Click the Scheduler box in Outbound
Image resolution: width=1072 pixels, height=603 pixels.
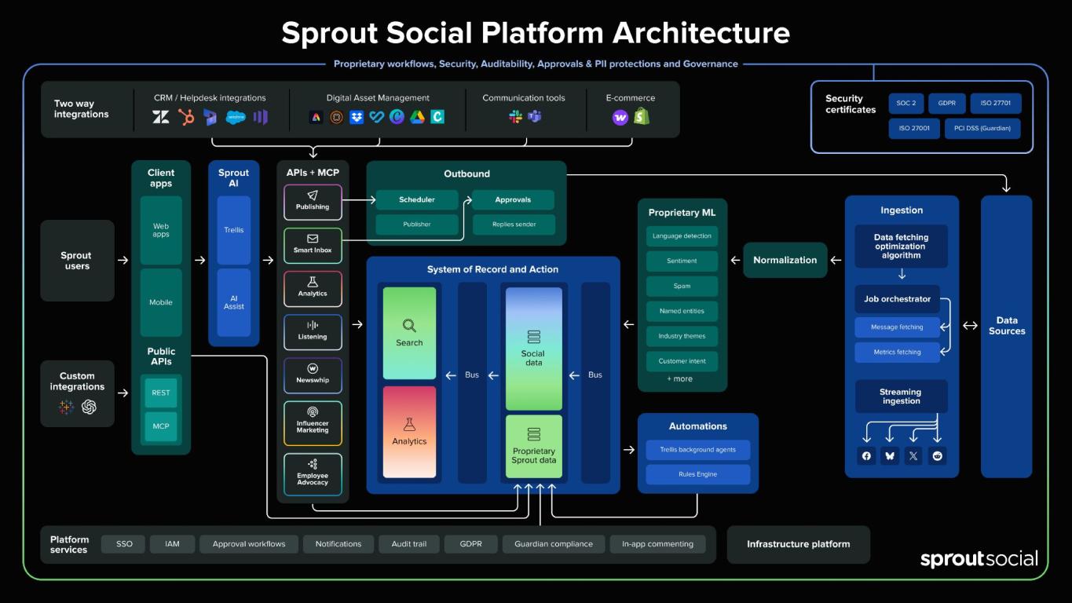point(417,199)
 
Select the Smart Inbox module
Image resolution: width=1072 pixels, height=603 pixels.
point(313,246)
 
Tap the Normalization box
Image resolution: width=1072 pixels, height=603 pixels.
point(785,260)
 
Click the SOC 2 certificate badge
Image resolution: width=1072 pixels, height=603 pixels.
point(906,103)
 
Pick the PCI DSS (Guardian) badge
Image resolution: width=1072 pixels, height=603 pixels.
point(982,128)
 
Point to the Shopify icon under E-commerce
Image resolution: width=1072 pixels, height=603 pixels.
point(642,116)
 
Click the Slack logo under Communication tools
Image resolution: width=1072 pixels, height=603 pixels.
point(515,117)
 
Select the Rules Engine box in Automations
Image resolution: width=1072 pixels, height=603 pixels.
point(697,473)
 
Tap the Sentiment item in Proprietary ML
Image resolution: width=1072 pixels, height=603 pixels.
point(682,261)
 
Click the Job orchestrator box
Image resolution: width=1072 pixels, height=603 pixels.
point(897,298)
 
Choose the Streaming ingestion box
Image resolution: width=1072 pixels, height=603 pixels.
point(901,397)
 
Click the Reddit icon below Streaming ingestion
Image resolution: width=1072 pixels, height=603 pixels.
point(937,455)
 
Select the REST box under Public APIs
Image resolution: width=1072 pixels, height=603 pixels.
point(161,393)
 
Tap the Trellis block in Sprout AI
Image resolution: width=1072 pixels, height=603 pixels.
point(233,230)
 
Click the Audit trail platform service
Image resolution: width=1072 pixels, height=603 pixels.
point(408,543)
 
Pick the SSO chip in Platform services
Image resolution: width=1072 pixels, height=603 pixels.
point(124,543)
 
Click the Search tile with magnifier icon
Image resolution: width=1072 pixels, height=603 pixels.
point(409,333)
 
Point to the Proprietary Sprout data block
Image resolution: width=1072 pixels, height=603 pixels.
point(533,447)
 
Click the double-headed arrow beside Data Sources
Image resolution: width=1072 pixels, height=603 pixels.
point(970,325)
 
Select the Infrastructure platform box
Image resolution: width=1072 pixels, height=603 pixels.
point(798,544)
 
